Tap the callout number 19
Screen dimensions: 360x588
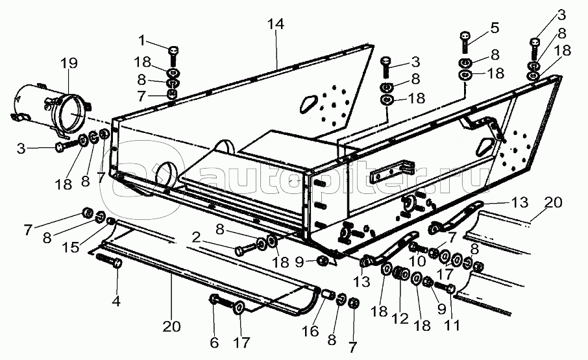[x=68, y=64]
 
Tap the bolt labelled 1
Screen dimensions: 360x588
[x=173, y=52]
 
